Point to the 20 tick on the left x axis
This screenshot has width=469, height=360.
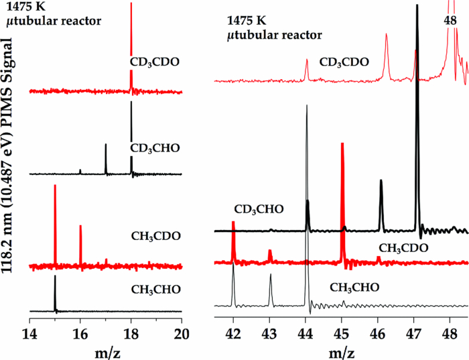point(182,331)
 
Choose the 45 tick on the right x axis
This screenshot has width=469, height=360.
point(341,331)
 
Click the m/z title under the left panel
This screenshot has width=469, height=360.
point(106,350)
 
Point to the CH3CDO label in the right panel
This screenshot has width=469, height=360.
point(403,248)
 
